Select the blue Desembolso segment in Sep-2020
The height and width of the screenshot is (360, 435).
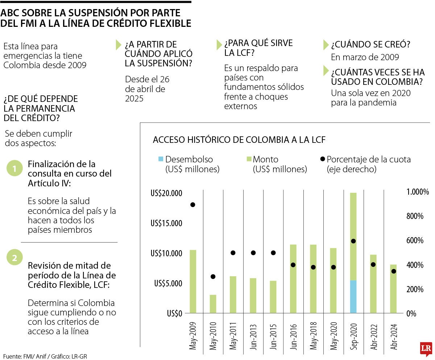point(353,297)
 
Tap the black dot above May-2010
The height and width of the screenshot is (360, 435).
point(213,277)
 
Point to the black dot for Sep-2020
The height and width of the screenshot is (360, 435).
point(353,241)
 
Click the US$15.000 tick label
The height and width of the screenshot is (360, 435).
point(166,223)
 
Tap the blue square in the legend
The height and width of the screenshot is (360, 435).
point(161,159)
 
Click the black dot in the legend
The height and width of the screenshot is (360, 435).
point(322,159)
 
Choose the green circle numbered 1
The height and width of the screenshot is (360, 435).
point(14,169)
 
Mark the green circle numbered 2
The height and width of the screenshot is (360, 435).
point(14,258)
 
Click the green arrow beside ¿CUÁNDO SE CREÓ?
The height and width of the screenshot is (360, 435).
point(326,45)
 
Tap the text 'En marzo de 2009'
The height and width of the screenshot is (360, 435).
point(365,57)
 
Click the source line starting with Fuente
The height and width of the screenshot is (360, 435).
point(45,356)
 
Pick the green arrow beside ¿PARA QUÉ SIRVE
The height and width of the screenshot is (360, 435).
point(219,44)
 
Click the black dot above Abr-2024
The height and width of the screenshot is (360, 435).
point(394,271)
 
